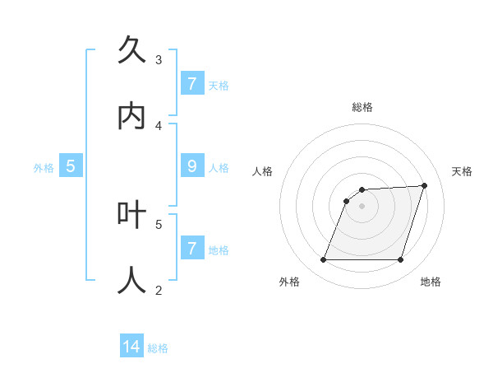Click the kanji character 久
(131, 51)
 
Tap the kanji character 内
(131, 117)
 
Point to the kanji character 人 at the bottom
(131, 280)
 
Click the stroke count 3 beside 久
(159, 60)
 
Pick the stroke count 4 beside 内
(159, 126)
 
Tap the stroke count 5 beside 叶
(159, 223)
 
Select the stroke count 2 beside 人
(159, 289)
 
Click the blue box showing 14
(131, 347)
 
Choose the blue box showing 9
(192, 167)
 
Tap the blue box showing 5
(71, 167)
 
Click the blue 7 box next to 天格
(192, 84)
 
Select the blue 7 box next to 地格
(192, 249)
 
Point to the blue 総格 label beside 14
(158, 348)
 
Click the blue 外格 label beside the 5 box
(44, 168)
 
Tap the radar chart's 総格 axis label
(362, 107)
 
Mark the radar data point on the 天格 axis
(425, 185)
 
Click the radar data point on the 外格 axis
(324, 260)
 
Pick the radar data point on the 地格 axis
(401, 260)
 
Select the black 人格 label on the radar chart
(262, 171)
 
